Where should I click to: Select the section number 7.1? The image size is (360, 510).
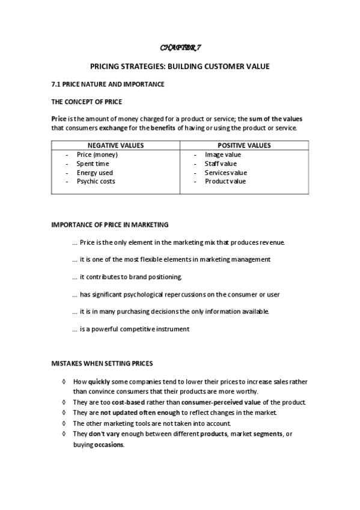pos(56,85)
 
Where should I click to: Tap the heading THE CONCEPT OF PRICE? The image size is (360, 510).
pos(87,102)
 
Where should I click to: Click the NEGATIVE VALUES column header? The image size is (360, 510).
pos(115,146)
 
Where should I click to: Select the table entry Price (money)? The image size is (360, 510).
pos(97,155)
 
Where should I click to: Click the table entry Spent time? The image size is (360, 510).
pos(93,164)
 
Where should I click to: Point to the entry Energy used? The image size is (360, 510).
pos(94,173)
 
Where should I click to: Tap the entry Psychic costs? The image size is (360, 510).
pos(96,182)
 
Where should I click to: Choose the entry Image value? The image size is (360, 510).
pos(222,155)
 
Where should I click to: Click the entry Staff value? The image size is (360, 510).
pos(221,164)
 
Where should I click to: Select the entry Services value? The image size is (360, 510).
pos(225,173)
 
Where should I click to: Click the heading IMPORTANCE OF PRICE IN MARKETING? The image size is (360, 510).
pos(110,225)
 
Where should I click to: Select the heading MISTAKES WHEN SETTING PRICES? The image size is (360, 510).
pos(102,364)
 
